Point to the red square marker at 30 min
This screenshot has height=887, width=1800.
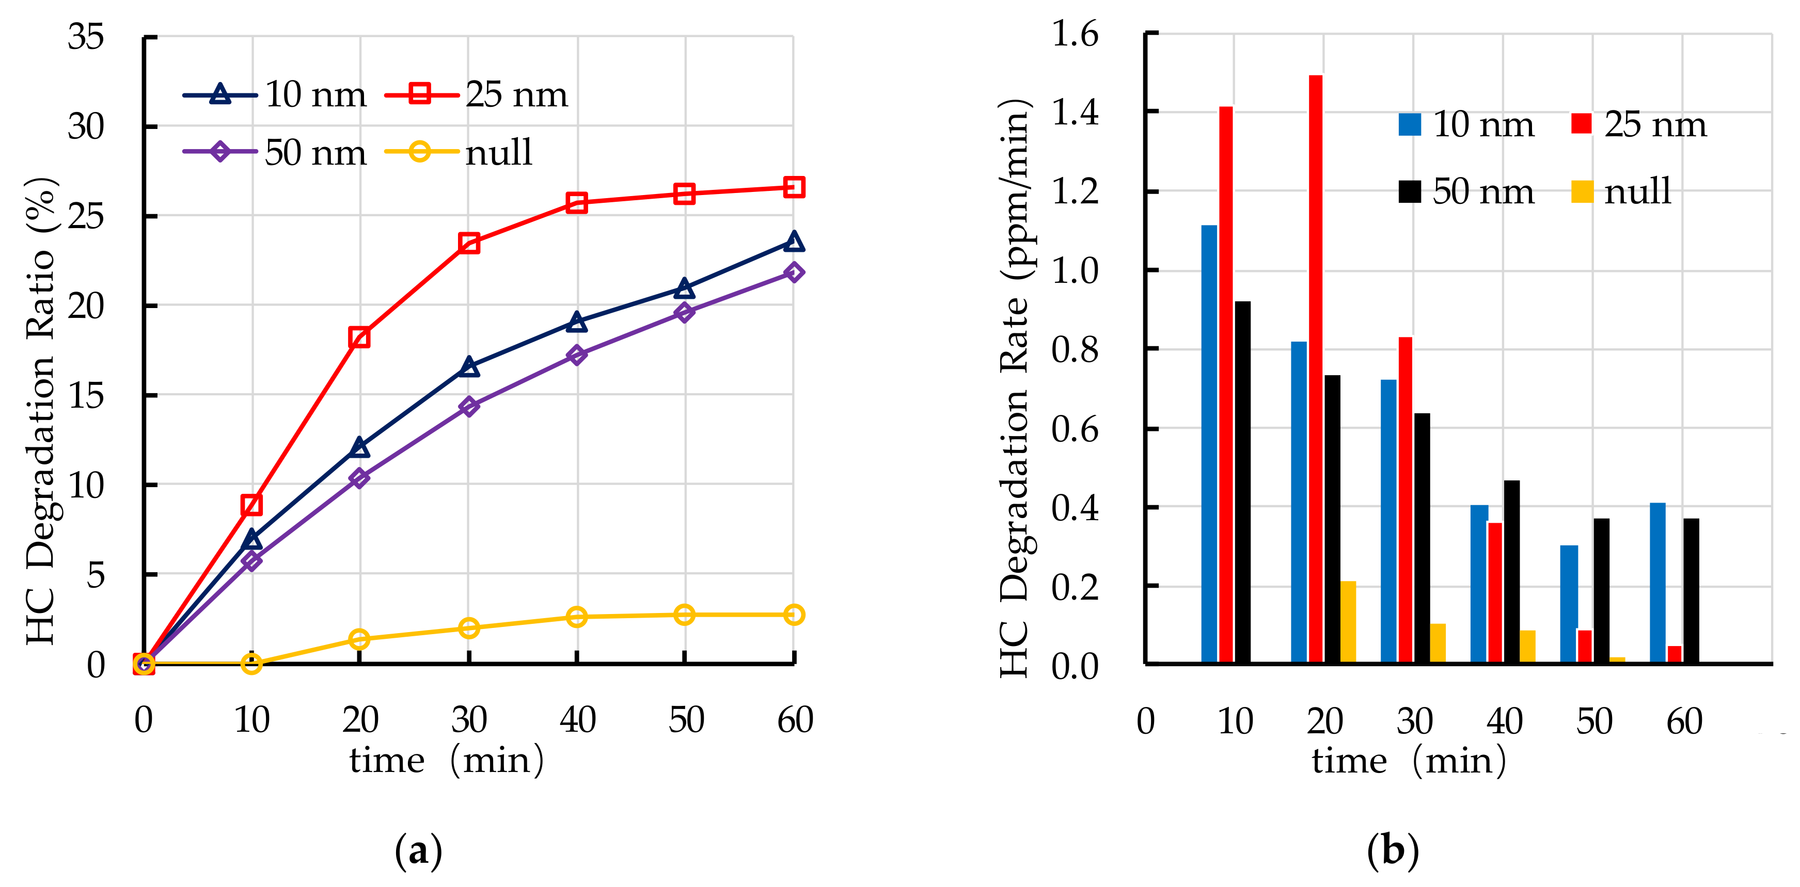coord(469,243)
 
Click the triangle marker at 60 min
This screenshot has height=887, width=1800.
coord(793,241)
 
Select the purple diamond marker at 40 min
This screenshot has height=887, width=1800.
coord(576,355)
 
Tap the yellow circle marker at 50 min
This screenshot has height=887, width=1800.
coord(684,615)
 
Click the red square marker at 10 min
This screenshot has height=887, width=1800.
coord(251,504)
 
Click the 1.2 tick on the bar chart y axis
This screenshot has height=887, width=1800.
coord(1075,191)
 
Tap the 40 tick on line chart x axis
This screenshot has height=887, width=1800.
coord(577,719)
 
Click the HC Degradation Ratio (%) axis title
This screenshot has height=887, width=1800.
coord(40,411)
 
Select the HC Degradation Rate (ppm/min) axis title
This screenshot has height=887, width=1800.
coord(1014,388)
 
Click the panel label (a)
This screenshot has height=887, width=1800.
coord(418,850)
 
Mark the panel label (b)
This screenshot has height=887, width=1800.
coord(1392,850)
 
